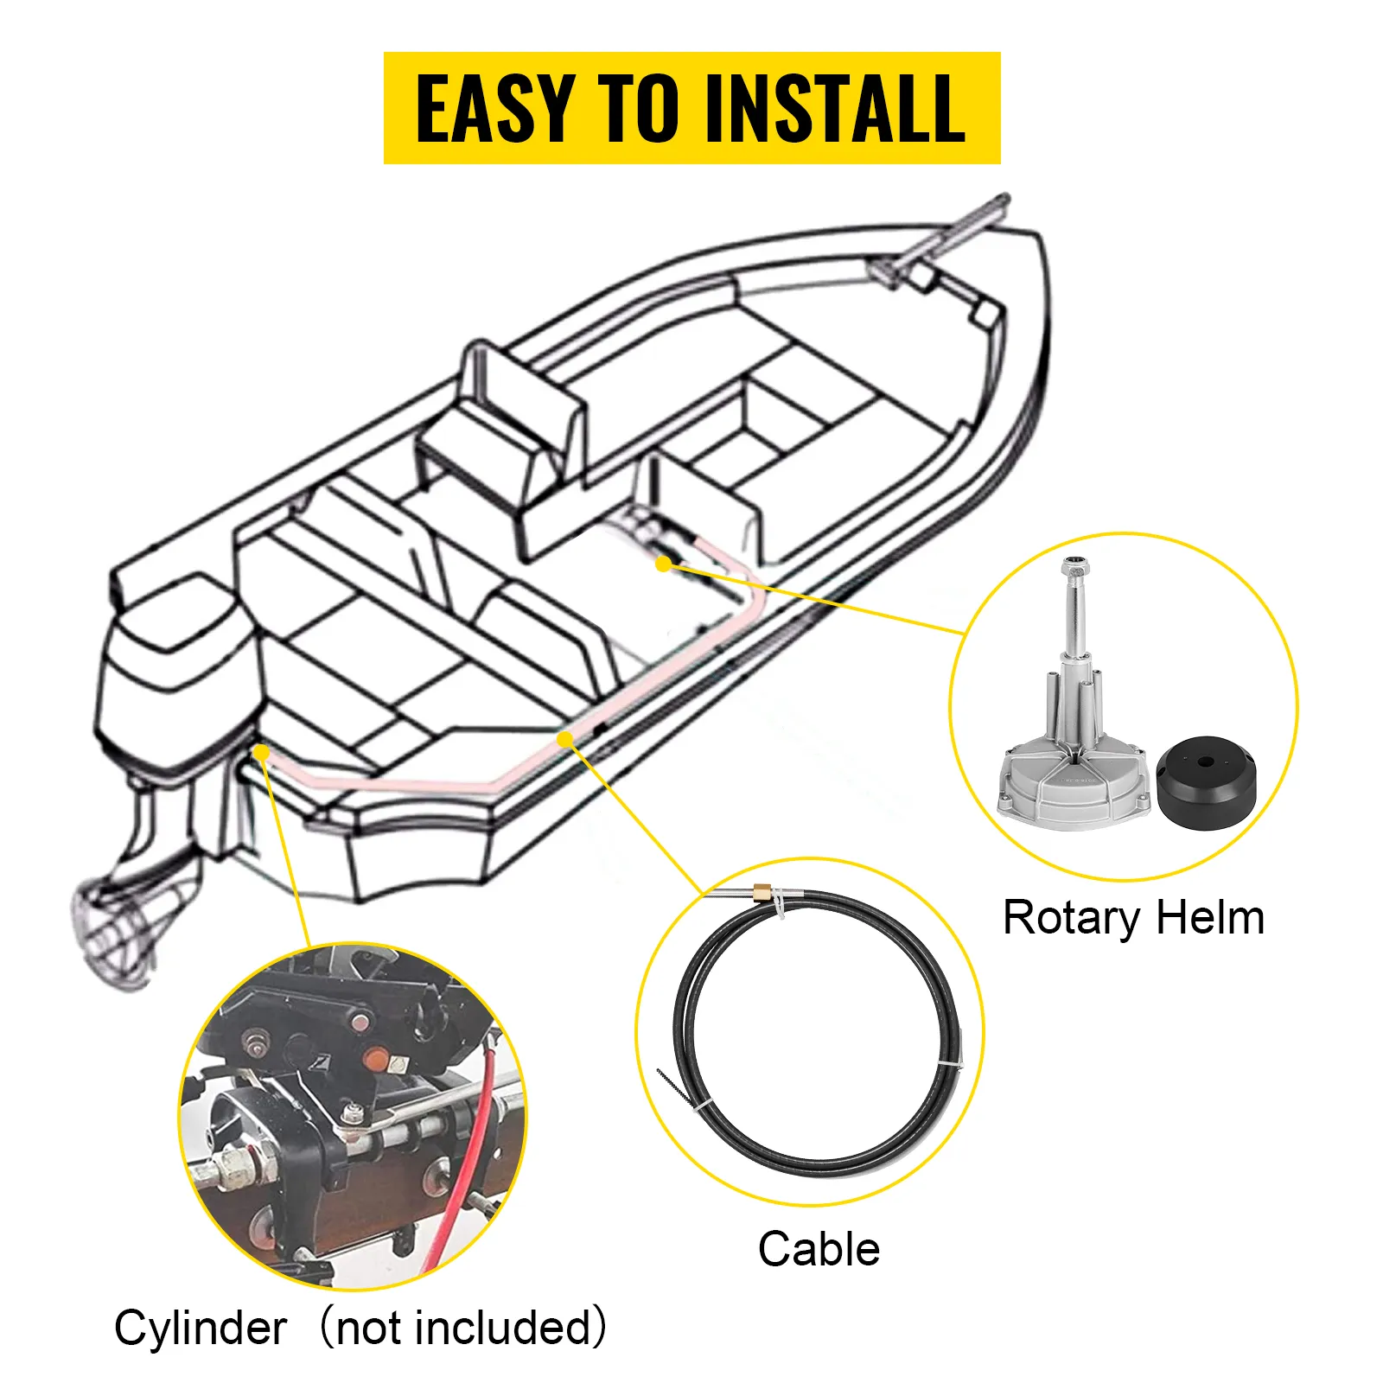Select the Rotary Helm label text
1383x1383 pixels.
click(1132, 917)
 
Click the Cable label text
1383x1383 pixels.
click(819, 1249)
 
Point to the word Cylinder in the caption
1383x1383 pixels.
click(201, 1328)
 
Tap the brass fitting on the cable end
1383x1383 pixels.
click(762, 890)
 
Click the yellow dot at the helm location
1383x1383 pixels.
click(663, 564)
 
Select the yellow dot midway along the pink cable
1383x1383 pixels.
click(564, 739)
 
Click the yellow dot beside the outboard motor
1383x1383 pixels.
click(261, 754)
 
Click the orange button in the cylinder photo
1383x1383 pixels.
click(375, 1058)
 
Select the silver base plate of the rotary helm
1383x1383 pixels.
click(1072, 787)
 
